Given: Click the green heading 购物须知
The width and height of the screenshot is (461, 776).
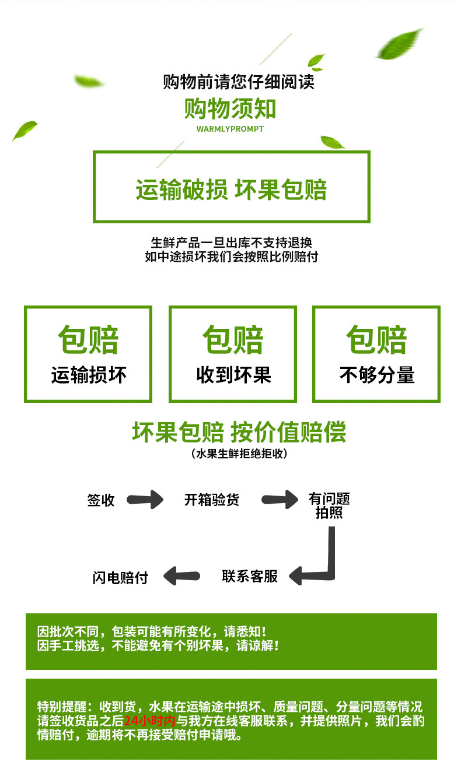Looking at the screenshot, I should coord(230,109).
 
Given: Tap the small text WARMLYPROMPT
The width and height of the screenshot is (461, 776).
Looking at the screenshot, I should coord(230,129).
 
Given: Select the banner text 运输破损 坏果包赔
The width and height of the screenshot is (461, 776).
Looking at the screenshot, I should coord(231,189).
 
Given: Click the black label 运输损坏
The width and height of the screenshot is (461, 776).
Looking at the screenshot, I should coord(88,375).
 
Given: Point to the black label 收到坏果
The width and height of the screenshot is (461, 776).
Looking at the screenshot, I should coord(233,375).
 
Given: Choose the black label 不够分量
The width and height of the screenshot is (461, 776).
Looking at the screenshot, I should coord(376,375).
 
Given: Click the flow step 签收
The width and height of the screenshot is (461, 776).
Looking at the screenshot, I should coord(101,500).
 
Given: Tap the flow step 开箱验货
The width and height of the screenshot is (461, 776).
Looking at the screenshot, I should coord(211,500).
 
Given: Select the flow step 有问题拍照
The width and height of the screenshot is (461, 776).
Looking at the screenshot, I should coord(329,505).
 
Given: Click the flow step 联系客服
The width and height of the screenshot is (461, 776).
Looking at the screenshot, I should coord(250,576).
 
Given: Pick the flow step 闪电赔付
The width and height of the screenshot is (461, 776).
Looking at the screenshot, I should coord(120,577).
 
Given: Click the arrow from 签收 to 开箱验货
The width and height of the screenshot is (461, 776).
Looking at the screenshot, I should coord(146,500).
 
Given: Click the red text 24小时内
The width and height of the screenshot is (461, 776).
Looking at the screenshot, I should coord(149,721).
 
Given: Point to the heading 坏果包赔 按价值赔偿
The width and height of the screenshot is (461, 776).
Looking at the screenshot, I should coord(239,432).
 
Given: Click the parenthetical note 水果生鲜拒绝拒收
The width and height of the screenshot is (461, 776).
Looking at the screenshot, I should coord(239,454).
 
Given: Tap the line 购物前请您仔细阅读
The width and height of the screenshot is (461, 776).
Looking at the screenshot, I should coord(238,82).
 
